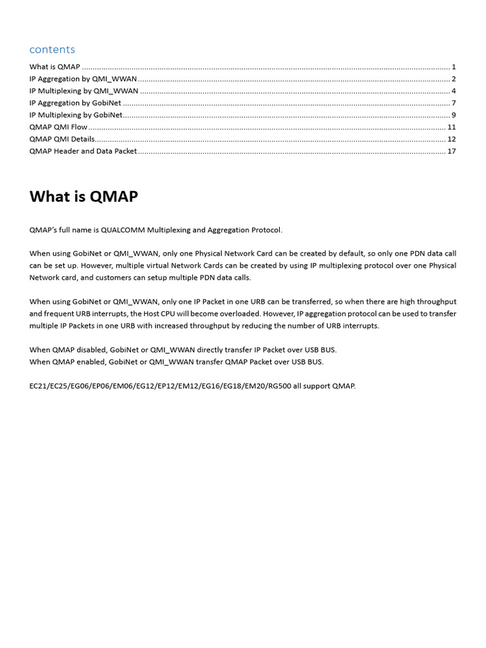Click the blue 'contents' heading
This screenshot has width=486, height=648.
pyautogui.click(x=52, y=49)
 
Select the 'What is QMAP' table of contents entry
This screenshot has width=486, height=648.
pyautogui.click(x=54, y=67)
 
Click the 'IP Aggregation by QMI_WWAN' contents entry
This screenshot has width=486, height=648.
pyautogui.click(x=83, y=79)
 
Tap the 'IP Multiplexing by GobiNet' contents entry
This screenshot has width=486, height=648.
pyautogui.click(x=76, y=115)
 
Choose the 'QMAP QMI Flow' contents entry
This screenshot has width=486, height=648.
pyautogui.click(x=58, y=127)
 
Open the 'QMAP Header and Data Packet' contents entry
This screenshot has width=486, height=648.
pyautogui.click(x=83, y=151)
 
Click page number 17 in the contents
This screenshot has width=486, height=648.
pyautogui.click(x=451, y=151)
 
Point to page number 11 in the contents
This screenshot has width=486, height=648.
pyautogui.click(x=451, y=127)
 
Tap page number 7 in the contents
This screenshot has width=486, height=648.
pyautogui.click(x=454, y=103)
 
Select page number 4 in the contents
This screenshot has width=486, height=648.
pyautogui.click(x=454, y=91)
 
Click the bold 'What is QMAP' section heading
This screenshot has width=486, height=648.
pyautogui.click(x=84, y=197)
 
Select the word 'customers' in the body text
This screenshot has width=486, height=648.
pyautogui.click(x=121, y=278)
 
